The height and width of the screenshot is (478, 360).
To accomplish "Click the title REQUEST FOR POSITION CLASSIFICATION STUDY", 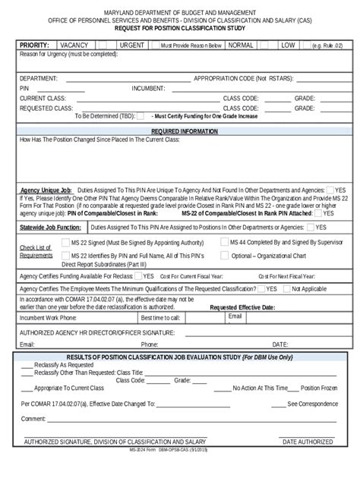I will point(179,28).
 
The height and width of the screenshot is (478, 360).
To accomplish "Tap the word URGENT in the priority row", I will point(133,46).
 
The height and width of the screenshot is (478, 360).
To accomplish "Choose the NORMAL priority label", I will point(240,46).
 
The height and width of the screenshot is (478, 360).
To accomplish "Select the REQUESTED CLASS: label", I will point(46,108).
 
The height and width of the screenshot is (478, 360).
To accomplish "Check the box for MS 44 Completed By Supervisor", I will point(225,241).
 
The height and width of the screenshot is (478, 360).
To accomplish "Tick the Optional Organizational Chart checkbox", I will point(225,256).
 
